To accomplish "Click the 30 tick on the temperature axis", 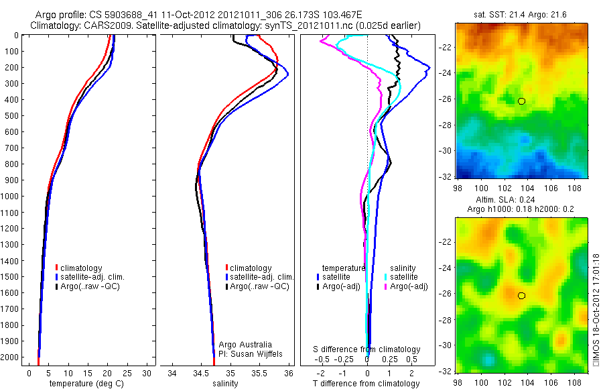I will point(147,373).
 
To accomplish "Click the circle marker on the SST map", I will point(521,101).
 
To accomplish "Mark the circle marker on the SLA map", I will point(521,295).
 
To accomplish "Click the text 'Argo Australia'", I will point(246,345).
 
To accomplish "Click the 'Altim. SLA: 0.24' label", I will point(520,200).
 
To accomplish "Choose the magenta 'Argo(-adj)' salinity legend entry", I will point(410,286).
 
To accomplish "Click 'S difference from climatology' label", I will point(367,349).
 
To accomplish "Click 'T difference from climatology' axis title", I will point(367,384).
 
